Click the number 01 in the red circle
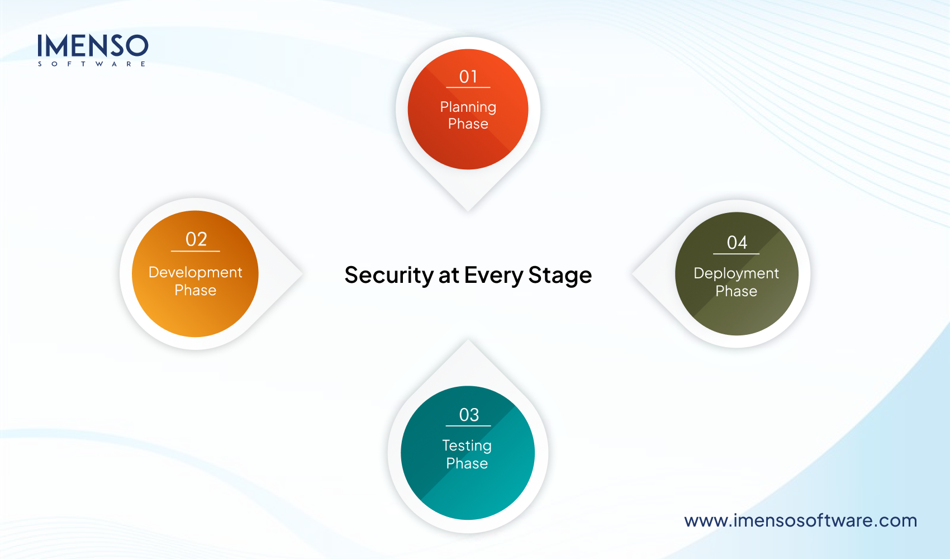click(468, 77)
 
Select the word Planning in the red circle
click(468, 107)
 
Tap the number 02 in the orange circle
click(196, 239)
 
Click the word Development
click(195, 272)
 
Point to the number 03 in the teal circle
click(469, 415)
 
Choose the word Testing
click(467, 446)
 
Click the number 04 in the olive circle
click(737, 243)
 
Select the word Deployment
click(736, 273)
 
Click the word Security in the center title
click(389, 275)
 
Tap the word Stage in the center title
click(560, 276)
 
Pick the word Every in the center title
click(493, 276)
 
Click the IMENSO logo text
click(93, 46)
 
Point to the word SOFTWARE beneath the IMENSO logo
click(92, 64)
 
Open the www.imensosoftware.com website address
click(800, 520)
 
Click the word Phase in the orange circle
click(195, 290)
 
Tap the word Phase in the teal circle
click(467, 463)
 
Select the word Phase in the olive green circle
click(736, 291)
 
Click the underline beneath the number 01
click(468, 88)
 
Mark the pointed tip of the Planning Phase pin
click(468, 210)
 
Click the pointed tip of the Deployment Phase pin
click(633, 274)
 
